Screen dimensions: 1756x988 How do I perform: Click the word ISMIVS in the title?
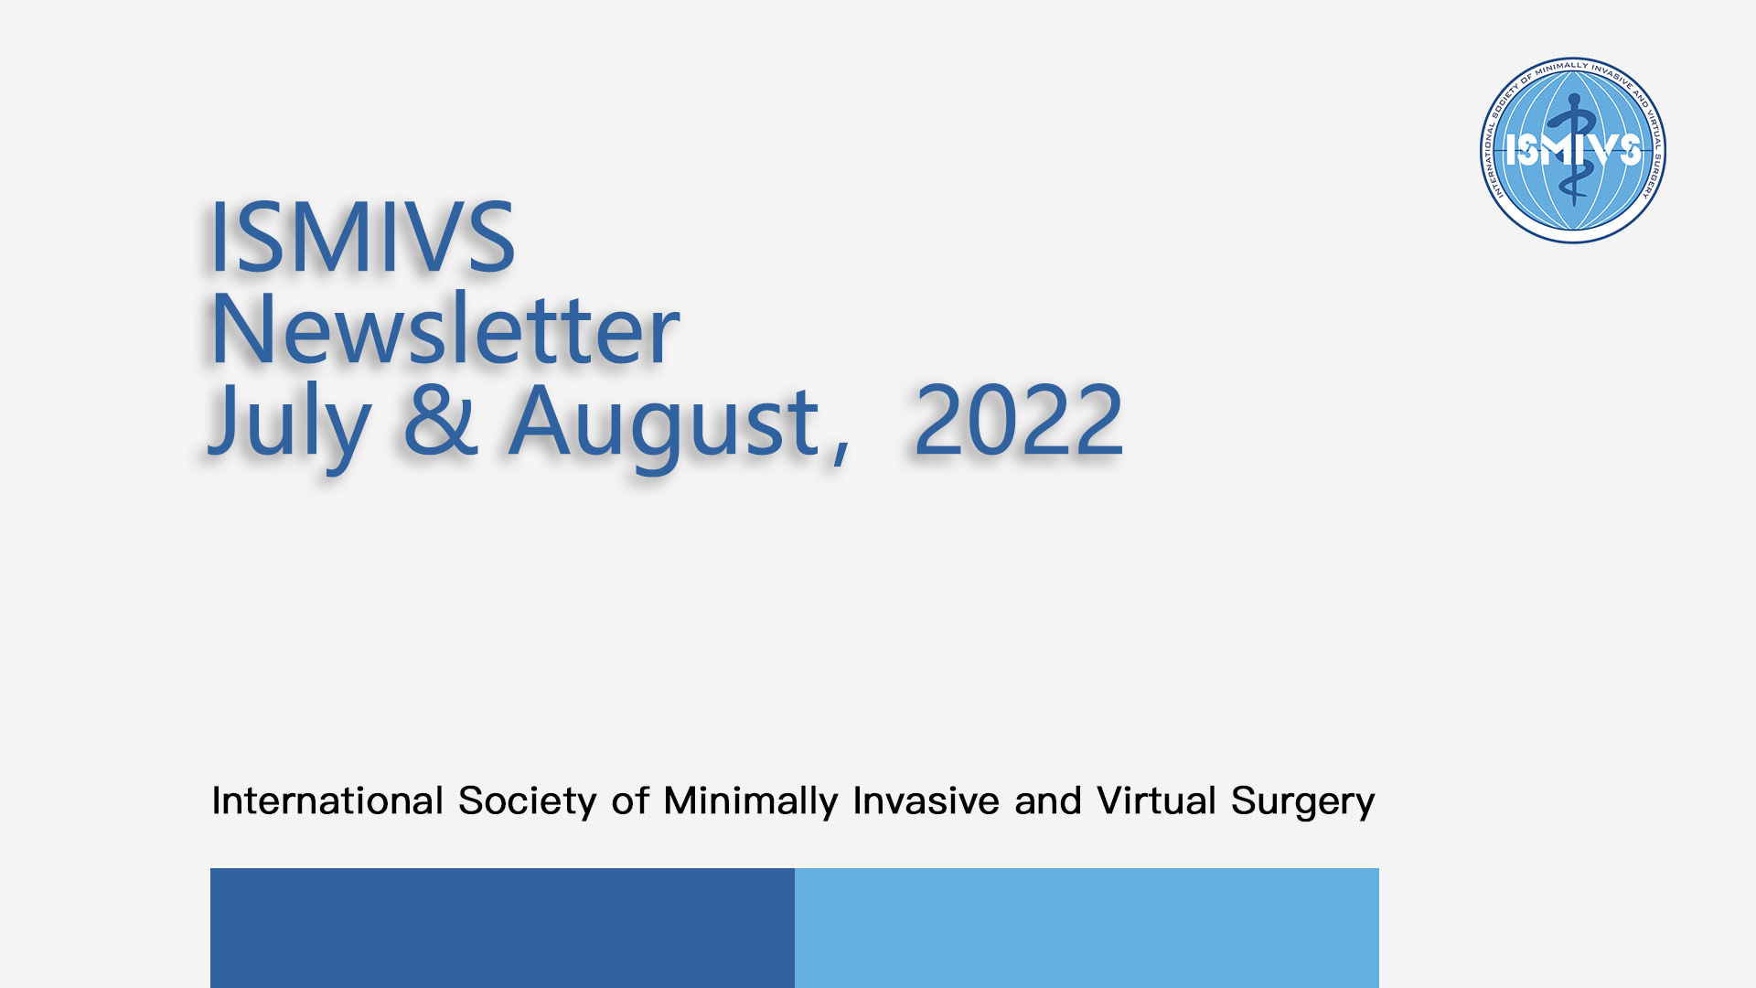coord(362,238)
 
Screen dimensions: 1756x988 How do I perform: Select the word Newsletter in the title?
coord(444,328)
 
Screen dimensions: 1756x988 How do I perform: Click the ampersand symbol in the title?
coord(441,420)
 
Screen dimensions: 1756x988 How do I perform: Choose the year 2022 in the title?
coord(1019,420)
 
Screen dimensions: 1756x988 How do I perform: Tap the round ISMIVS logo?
coord(1573,150)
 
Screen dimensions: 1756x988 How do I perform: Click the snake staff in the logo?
coord(1573,148)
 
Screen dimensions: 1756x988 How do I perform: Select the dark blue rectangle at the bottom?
coord(502,928)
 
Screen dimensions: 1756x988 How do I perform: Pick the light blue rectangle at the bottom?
coord(1087,928)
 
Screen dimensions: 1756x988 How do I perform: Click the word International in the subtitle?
coord(327,800)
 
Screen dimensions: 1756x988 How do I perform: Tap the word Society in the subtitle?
coord(528,802)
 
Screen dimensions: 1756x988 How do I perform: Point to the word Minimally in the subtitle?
coord(751,802)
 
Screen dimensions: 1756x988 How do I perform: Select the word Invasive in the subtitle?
coord(926,800)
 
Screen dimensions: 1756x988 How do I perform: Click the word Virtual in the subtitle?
coord(1157,800)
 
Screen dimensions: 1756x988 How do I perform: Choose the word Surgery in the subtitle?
coord(1303,802)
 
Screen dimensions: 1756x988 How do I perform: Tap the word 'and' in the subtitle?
coord(1048,800)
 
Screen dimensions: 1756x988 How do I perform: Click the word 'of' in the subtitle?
coord(631,800)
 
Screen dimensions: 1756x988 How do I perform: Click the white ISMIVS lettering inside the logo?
coord(1573,149)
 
